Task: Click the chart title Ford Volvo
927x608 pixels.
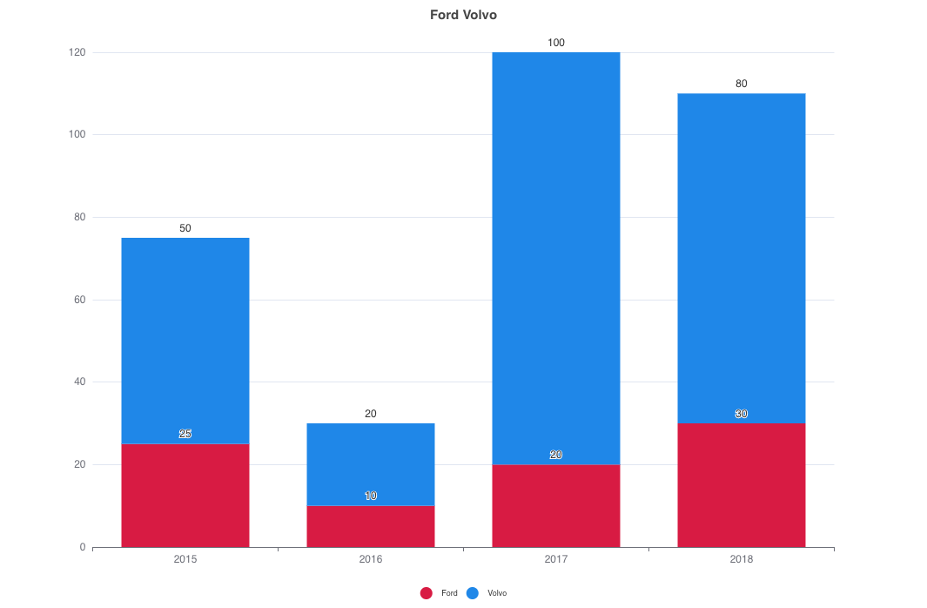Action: tap(463, 15)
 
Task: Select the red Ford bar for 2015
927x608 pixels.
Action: tap(185, 496)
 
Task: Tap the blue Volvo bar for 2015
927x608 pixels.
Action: tap(185, 341)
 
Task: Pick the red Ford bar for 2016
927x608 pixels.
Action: tap(371, 526)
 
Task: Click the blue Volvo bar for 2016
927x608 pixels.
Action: tap(371, 464)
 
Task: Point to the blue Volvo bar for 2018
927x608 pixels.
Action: tap(742, 258)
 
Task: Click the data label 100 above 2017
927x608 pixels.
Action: tap(556, 43)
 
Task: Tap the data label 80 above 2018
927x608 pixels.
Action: tap(742, 84)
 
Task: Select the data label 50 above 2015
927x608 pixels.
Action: tap(185, 228)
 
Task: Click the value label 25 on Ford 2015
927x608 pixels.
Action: tap(185, 434)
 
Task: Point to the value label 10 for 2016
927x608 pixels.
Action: tap(371, 496)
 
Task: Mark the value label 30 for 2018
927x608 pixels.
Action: tap(742, 414)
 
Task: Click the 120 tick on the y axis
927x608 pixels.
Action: tap(77, 52)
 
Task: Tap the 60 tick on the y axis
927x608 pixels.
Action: tap(80, 300)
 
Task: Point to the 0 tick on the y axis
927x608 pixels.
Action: tap(83, 547)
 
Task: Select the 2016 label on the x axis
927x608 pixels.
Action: tap(371, 559)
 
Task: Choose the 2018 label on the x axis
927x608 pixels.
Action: tap(742, 559)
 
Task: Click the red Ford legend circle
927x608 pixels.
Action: tap(427, 593)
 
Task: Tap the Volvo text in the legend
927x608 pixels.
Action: tap(497, 593)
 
